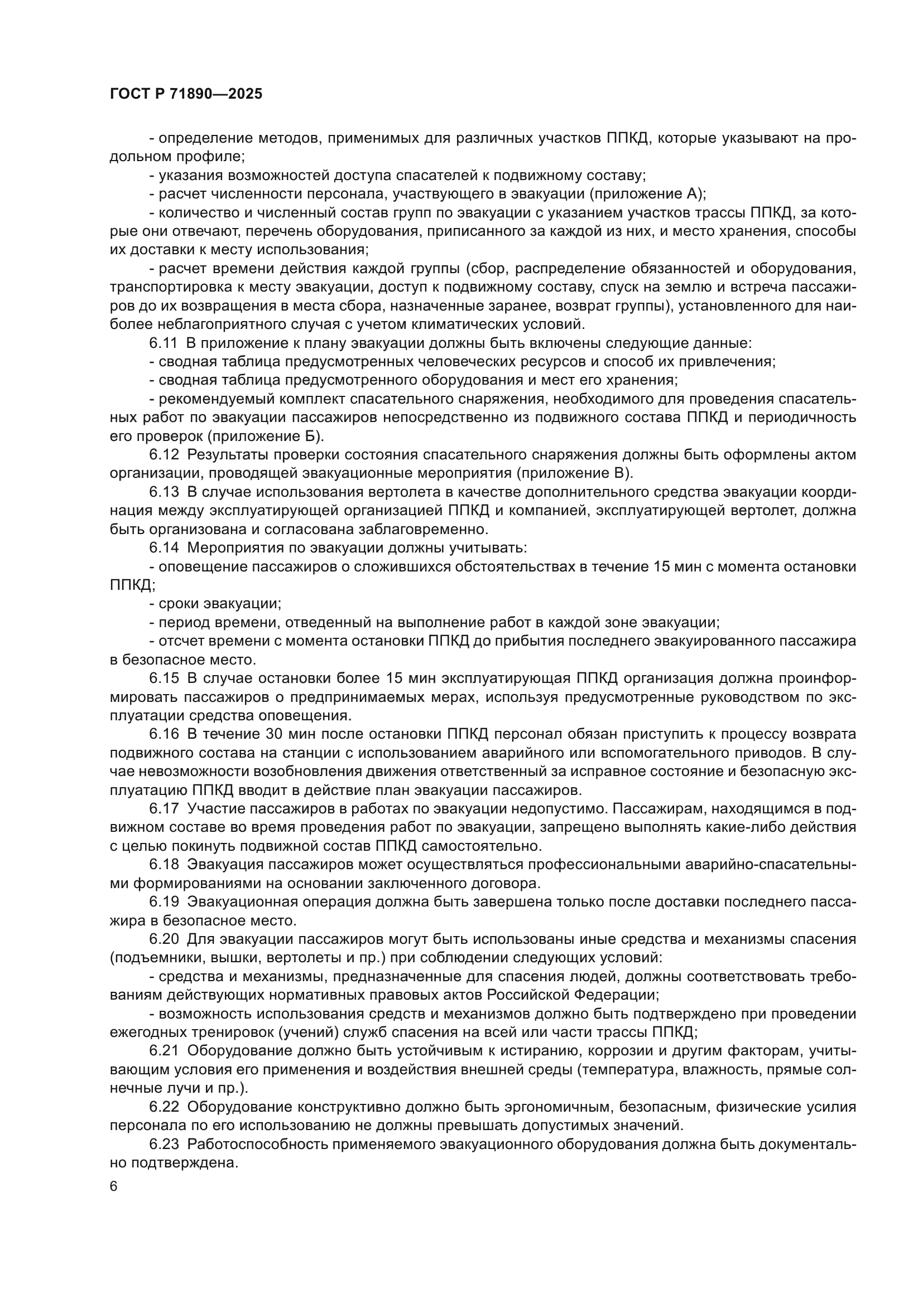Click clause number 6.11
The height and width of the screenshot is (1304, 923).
point(164,343)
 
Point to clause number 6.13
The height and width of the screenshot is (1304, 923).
point(164,492)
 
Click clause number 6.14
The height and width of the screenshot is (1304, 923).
point(164,547)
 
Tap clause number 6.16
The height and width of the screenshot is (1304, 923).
point(164,734)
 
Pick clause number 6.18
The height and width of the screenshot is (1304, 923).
point(164,865)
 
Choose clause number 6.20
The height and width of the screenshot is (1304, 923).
point(164,939)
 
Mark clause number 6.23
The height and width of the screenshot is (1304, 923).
point(164,1144)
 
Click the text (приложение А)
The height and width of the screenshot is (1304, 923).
point(647,194)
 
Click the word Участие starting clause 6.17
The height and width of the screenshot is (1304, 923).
point(217,809)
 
